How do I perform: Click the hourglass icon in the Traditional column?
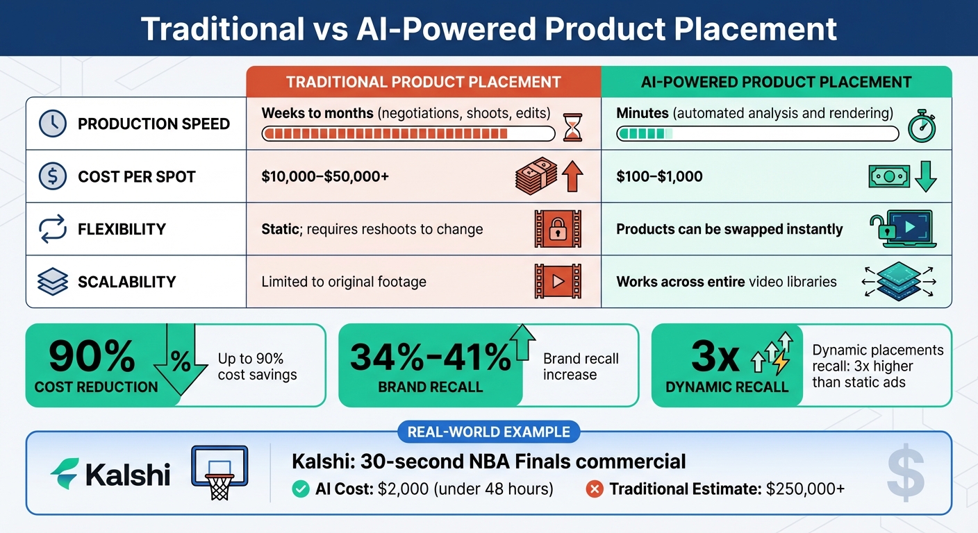[x=572, y=127]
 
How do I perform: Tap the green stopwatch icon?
[x=922, y=126]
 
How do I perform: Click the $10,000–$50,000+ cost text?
[x=325, y=177]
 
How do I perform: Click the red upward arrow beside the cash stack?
[x=572, y=176]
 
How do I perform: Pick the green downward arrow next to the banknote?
[x=925, y=176]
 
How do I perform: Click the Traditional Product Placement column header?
[x=424, y=82]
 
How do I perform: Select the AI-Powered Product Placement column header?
[x=776, y=82]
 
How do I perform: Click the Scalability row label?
[x=126, y=282]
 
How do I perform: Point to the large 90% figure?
[x=92, y=357]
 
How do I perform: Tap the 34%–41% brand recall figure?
[x=430, y=357]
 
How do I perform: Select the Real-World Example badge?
[x=488, y=432]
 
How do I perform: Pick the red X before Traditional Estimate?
[x=595, y=489]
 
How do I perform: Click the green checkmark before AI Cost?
[x=301, y=489]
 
